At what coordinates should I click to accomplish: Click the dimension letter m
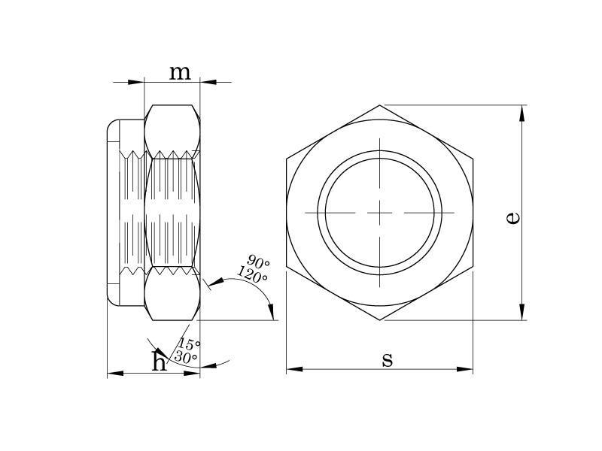(180, 73)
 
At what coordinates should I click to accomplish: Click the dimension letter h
(160, 361)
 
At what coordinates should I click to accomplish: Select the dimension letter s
(388, 360)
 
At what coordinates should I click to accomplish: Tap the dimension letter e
(513, 218)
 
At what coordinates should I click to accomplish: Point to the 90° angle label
(258, 261)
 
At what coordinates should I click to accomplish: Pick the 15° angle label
(189, 344)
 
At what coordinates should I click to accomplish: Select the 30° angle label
(186, 357)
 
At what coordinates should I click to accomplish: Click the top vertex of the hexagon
(380, 105)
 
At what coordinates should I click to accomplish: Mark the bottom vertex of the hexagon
(380, 320)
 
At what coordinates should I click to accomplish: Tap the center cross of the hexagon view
(380, 213)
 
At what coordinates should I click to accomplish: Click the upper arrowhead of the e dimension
(521, 114)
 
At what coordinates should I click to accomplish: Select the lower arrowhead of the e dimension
(521, 312)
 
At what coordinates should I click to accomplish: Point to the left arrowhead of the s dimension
(294, 369)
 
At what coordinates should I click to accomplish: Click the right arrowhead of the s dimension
(464, 369)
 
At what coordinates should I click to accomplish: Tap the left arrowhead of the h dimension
(115, 373)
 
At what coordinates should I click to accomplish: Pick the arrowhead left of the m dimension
(136, 82)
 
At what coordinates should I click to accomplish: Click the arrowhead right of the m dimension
(208, 82)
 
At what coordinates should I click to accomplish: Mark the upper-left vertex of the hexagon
(287, 159)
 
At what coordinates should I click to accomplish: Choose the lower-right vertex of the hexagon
(473, 266)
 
